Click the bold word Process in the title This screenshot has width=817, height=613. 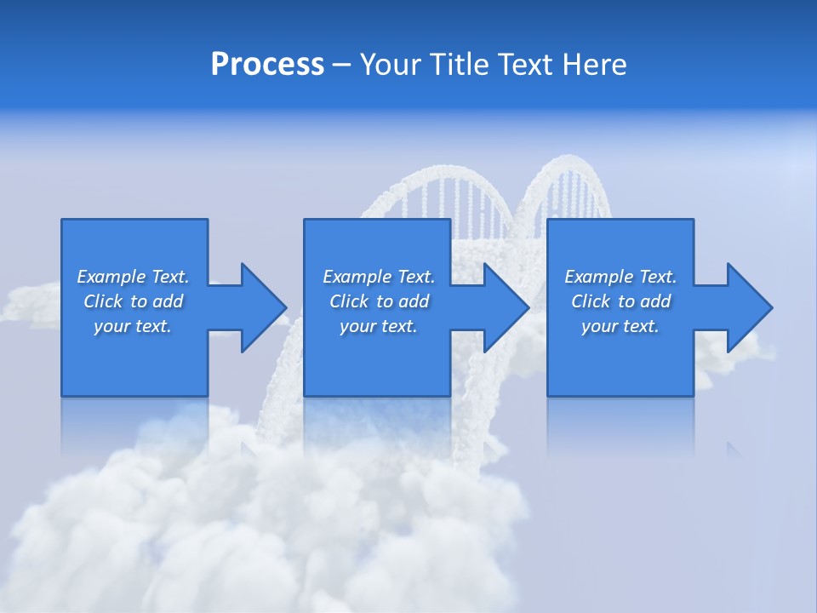[x=267, y=65]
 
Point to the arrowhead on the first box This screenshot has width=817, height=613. [x=263, y=307]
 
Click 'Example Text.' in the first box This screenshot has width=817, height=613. [x=133, y=277]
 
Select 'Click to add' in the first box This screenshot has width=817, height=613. [x=133, y=301]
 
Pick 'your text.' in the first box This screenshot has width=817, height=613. [x=133, y=326]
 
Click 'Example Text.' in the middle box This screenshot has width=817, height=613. [x=379, y=277]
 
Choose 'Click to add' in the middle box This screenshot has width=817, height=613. [x=379, y=301]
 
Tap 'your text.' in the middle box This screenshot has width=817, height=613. [x=379, y=326]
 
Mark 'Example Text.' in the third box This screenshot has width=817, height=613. [x=620, y=277]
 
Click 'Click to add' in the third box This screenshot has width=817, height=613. [x=620, y=301]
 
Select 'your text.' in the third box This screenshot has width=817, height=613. [x=620, y=326]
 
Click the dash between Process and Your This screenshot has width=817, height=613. [x=341, y=66]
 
